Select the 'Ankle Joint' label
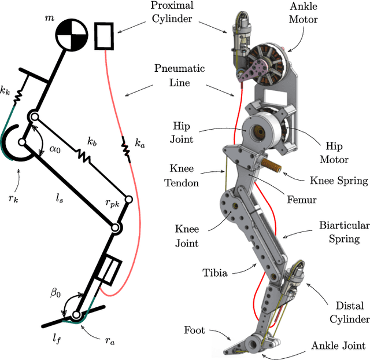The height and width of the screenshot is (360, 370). point(338,346)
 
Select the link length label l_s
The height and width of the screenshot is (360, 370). point(59,199)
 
